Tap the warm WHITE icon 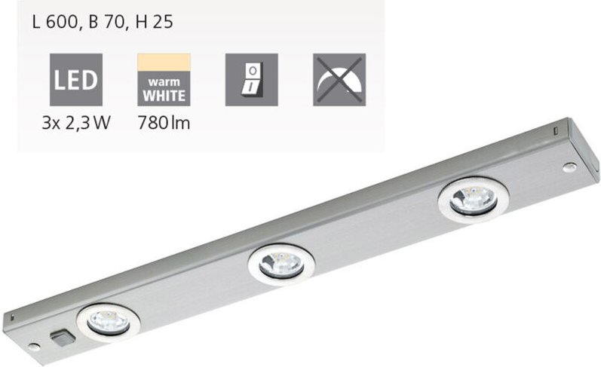164,79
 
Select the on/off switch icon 252,79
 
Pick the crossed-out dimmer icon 339,79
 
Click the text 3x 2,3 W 77,123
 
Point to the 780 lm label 164,123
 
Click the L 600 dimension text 56,23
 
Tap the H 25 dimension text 153,23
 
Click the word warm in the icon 164,82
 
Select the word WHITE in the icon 164,96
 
